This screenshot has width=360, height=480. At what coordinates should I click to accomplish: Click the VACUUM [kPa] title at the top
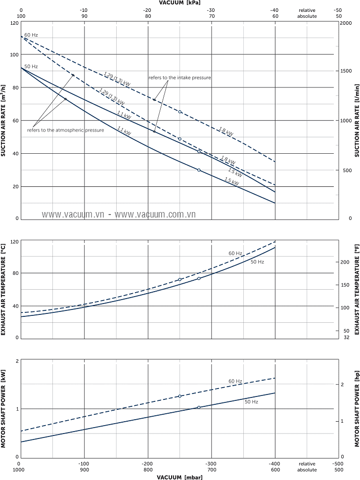pyautogui.click(x=179, y=3)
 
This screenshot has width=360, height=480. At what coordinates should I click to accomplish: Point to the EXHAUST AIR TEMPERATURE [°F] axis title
pyautogui.click(x=356, y=289)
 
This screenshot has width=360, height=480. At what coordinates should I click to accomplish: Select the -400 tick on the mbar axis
pyautogui.click(x=274, y=464)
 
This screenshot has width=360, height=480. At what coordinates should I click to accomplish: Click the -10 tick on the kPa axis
pyautogui.click(x=84, y=10)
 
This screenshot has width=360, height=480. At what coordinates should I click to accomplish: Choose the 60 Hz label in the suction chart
pyautogui.click(x=31, y=35)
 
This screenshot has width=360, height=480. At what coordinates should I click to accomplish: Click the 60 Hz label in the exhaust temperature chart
pyautogui.click(x=235, y=254)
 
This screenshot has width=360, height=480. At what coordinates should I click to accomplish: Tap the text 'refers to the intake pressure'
pyautogui.click(x=180, y=78)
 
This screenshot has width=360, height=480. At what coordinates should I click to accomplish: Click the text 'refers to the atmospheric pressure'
pyautogui.click(x=65, y=130)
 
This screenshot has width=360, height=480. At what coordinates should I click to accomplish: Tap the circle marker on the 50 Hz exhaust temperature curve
pyautogui.click(x=199, y=278)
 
